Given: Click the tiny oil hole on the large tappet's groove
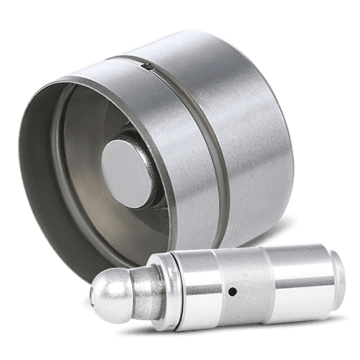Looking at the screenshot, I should point(147,67).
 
